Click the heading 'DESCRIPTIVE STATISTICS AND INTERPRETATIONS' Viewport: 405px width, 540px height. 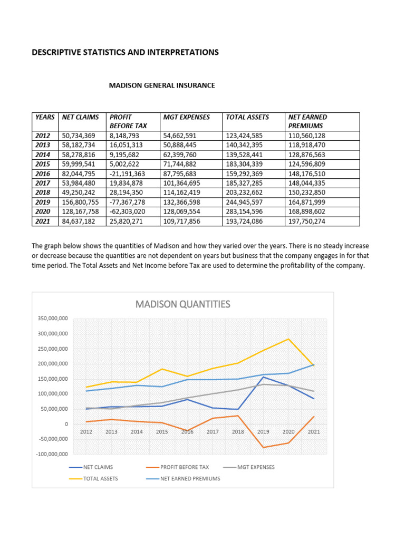click(x=125, y=52)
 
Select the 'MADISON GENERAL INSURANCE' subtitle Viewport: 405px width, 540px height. click(x=162, y=85)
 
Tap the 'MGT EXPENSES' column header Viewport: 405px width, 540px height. click(x=186, y=117)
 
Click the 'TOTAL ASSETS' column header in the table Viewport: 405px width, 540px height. click(x=247, y=117)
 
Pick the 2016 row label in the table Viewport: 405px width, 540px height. click(x=43, y=174)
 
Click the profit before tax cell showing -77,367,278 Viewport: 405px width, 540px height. click(x=127, y=202)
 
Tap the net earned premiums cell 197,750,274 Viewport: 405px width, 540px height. click(x=307, y=221)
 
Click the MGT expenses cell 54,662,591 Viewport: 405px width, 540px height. click(x=184, y=136)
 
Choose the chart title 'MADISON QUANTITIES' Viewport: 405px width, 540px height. click(x=182, y=304)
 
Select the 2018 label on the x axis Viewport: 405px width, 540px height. click(x=238, y=432)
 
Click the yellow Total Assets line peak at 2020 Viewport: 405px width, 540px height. click(x=288, y=339)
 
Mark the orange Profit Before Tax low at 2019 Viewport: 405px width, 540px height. click(x=263, y=447)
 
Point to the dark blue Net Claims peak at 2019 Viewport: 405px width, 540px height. click(x=263, y=377)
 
